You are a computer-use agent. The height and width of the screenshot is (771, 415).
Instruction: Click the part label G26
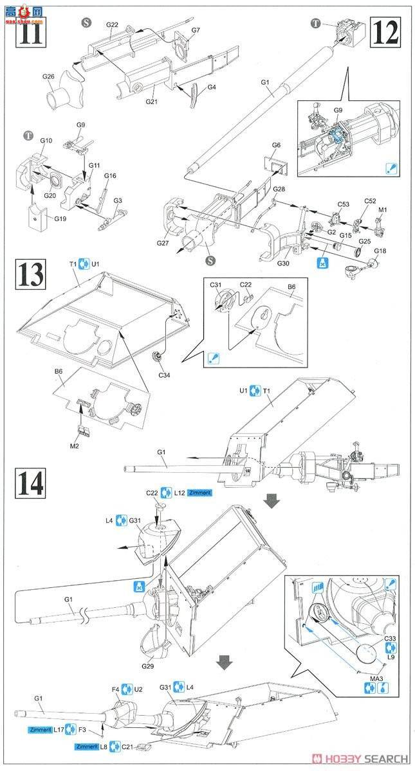(x=48, y=78)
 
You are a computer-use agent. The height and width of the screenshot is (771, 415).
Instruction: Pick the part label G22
(x=112, y=25)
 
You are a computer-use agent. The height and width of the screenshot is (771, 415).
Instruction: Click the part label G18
(x=380, y=251)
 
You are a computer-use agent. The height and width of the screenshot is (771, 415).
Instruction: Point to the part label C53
(x=344, y=204)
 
